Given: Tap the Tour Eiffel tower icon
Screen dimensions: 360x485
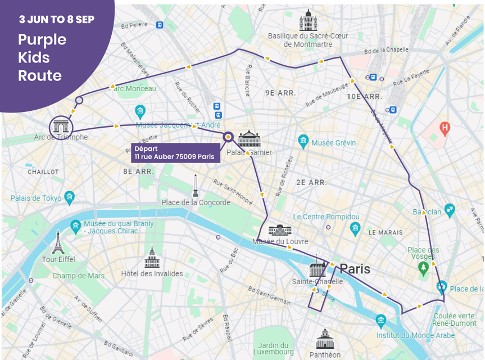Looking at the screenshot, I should click(x=57, y=242).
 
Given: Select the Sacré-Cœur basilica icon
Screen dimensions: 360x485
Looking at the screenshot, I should click(x=308, y=21).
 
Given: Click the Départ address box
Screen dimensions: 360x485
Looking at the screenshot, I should click(x=175, y=153).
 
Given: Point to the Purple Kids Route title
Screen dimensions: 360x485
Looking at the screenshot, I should click(x=42, y=57).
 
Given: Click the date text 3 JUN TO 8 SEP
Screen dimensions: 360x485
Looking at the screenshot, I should click(x=57, y=19).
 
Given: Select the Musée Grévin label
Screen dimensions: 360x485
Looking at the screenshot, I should click(x=334, y=143).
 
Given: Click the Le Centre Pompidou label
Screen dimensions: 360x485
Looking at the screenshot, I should click(x=326, y=217).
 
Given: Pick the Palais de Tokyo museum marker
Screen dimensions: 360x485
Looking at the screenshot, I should click(x=69, y=197).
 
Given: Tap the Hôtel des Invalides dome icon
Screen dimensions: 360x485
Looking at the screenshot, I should click(x=151, y=258).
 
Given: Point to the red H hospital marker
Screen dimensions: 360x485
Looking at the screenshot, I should click(x=445, y=128).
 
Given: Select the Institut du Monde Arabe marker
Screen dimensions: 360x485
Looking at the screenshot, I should click(x=381, y=322).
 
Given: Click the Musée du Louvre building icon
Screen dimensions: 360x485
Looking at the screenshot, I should click(x=279, y=230).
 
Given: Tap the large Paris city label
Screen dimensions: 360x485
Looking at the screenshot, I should click(x=355, y=269).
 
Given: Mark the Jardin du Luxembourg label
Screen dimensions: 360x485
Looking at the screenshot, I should click(x=274, y=349).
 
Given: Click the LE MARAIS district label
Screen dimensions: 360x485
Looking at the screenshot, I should click(x=386, y=232).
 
